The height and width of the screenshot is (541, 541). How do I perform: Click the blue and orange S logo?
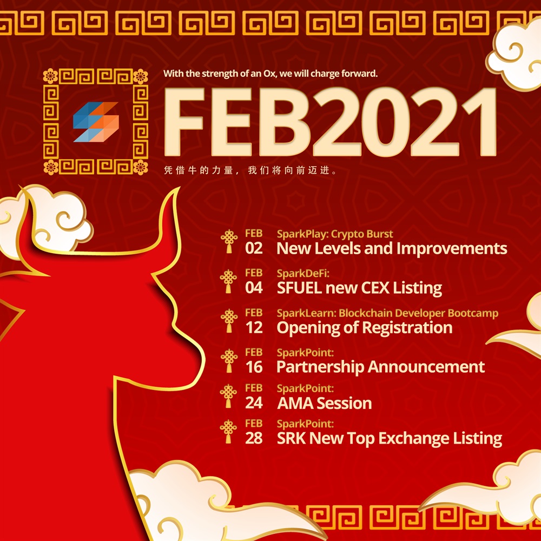(96, 122)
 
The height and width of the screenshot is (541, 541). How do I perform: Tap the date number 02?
(254, 248)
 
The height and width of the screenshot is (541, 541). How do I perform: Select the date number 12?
(254, 327)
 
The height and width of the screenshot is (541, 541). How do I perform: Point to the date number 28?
(254, 438)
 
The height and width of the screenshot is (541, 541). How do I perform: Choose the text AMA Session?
(324, 403)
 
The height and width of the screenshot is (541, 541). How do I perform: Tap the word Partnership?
(320, 367)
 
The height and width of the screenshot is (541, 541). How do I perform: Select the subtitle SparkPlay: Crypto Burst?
(335, 234)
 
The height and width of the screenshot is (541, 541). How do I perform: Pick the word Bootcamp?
(473, 313)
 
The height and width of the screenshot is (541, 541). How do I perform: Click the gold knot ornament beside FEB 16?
(229, 360)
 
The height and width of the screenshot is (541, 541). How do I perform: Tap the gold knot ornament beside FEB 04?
(228, 281)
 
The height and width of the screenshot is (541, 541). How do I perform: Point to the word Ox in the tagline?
(269, 74)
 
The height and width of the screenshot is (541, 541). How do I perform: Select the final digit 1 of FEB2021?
(480, 121)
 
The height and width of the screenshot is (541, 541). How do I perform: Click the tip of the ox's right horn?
(179, 188)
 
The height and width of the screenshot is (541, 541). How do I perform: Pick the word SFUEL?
(299, 288)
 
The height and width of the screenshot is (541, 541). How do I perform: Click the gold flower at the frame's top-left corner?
(50, 76)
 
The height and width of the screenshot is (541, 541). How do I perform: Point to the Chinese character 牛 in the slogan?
(192, 170)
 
